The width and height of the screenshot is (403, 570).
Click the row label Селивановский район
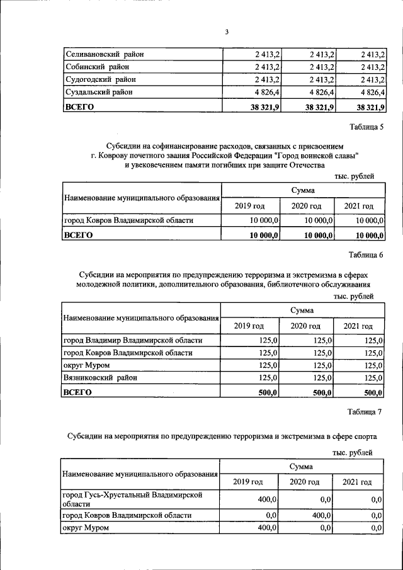[105, 54]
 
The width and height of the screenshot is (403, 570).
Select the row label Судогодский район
[100, 80]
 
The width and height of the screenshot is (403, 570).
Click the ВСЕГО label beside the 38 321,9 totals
[79, 107]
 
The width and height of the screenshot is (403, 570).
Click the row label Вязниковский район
[100, 378]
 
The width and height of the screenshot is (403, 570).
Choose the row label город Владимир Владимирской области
[133, 340]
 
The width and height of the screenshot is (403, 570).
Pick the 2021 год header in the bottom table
[357, 482]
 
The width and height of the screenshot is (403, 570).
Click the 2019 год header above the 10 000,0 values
[249, 206]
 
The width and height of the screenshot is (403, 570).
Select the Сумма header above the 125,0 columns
[302, 310]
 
